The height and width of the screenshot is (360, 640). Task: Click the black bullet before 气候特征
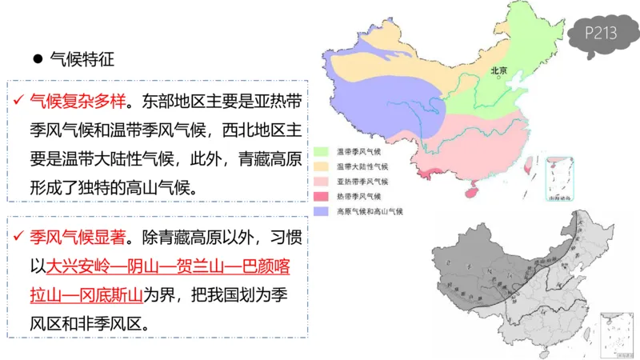click(36, 59)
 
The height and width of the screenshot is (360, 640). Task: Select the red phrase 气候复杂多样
click(77, 102)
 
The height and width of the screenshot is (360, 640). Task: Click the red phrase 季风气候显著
click(77, 238)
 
